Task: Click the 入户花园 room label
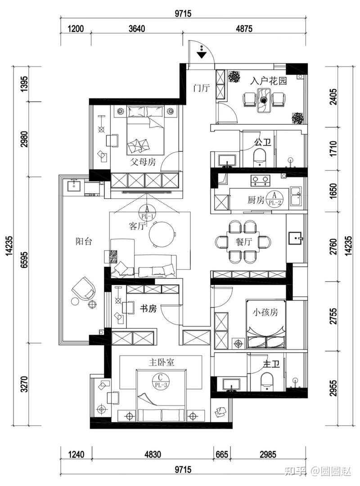[x=268, y=81]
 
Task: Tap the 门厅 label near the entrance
[x=201, y=88]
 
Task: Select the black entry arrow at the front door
[x=202, y=55]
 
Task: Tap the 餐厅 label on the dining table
[x=244, y=242]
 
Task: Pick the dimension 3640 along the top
[x=136, y=29]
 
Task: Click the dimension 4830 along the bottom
[x=153, y=454]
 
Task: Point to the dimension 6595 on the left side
[x=24, y=260]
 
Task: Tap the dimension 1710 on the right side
[x=333, y=149]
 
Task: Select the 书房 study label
[x=148, y=309]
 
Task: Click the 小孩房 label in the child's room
[x=265, y=312]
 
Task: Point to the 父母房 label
[x=143, y=162]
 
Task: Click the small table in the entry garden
[x=264, y=100]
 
